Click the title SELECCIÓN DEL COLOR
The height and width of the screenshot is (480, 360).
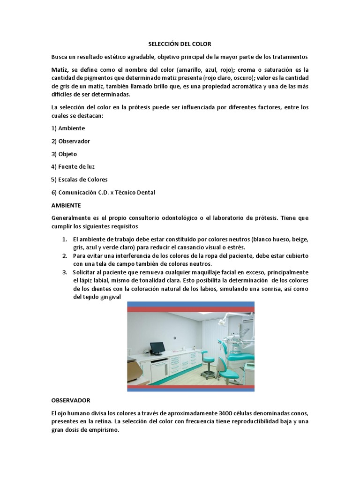click(x=180, y=44)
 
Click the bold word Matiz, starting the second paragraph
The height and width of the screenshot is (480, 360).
click(x=60, y=69)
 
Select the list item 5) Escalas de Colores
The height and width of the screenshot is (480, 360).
click(x=79, y=180)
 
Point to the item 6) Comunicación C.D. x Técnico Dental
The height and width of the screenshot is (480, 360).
click(x=103, y=192)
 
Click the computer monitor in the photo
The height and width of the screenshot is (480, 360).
click(x=157, y=348)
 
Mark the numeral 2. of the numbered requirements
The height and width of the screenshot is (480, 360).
click(x=65, y=256)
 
